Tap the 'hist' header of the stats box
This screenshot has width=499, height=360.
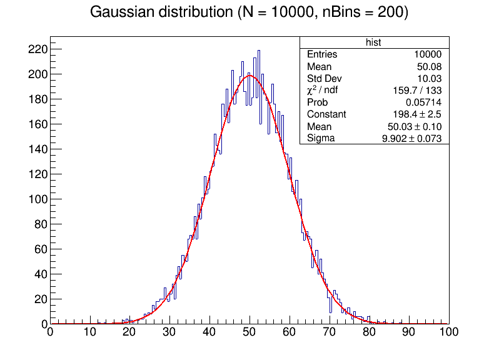click(374, 42)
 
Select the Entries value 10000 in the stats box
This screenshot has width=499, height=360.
click(428, 54)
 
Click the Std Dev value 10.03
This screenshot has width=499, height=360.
click(430, 78)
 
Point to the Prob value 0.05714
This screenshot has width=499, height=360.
click(424, 102)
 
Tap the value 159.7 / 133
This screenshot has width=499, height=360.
click(419, 90)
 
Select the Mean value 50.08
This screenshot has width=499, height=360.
click(430, 66)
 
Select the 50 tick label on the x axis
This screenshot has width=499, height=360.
click(249, 333)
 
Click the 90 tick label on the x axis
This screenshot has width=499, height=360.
click(409, 333)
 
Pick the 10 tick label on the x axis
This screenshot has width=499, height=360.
click(90, 333)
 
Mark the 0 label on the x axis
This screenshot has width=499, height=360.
click(50, 333)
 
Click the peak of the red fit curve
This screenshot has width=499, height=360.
click(249, 76)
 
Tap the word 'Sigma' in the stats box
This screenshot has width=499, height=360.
click(320, 138)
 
